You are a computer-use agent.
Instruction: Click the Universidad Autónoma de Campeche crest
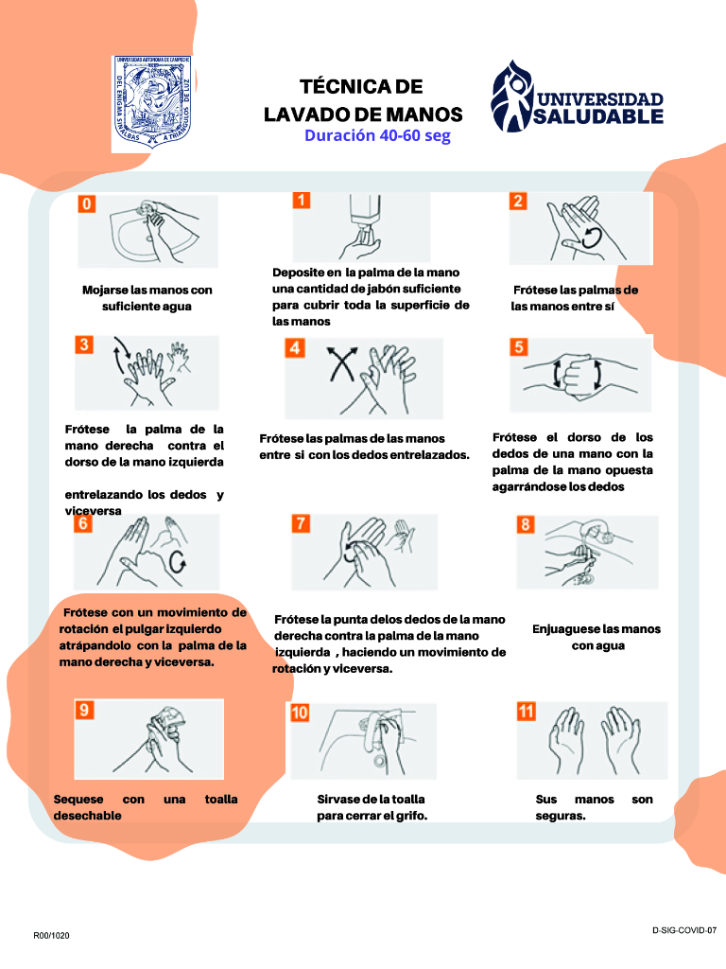152,102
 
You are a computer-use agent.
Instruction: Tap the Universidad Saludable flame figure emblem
511,97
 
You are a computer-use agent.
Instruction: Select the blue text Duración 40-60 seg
377,136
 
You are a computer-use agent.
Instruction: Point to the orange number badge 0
87,204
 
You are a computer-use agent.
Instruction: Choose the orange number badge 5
519,346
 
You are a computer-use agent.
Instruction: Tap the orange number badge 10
300,713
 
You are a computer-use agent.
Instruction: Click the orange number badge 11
526,712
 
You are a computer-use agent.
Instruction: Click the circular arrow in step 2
592,238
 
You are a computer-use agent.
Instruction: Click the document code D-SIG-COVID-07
684,930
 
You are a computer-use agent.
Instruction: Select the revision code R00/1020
51,936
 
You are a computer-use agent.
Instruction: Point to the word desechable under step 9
87,816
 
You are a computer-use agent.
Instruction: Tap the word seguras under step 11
560,816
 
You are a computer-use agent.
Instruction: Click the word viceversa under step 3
94,510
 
